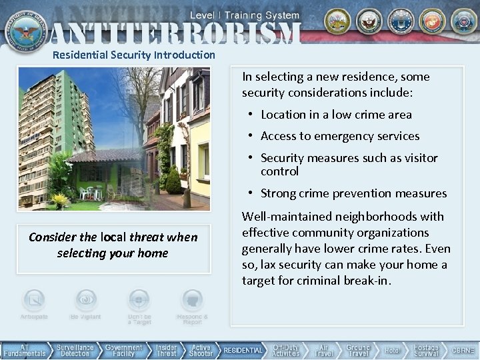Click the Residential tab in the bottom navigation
click(243, 350)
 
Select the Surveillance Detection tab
click(75, 350)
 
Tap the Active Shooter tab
click(201, 350)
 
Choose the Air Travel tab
click(323, 350)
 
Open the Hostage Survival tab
click(426, 350)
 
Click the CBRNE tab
click(463, 350)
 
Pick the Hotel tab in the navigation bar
click(393, 350)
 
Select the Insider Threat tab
click(166, 350)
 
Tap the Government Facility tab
click(123, 350)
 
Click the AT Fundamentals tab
click(25, 350)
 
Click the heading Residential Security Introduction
click(134, 55)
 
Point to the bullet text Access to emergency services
click(340, 136)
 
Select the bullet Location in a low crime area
click(336, 115)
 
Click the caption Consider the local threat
click(113, 245)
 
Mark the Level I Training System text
click(246, 14)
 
